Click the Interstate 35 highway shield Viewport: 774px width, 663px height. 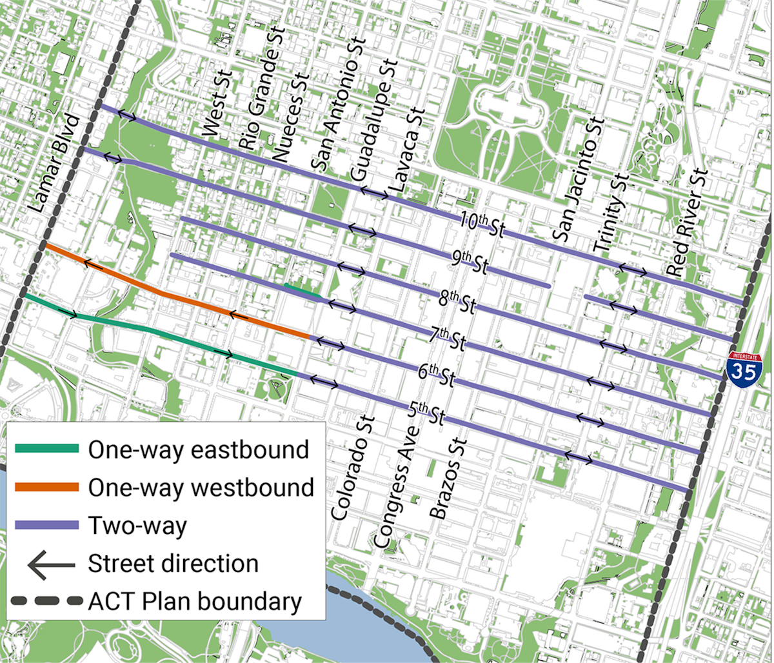[744, 369]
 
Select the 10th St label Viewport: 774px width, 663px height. [482, 224]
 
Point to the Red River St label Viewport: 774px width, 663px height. [688, 223]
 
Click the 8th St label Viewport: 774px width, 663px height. [456, 302]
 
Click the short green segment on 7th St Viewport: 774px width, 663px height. [302, 290]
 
